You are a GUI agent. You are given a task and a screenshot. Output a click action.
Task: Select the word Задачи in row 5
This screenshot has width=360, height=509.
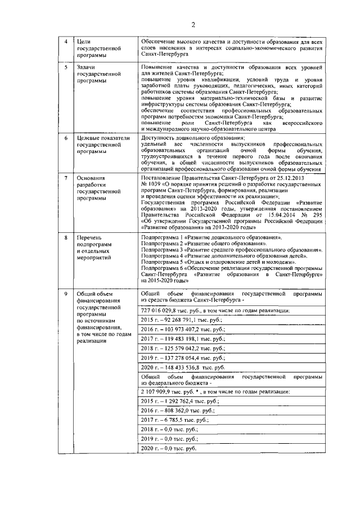[87, 67]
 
